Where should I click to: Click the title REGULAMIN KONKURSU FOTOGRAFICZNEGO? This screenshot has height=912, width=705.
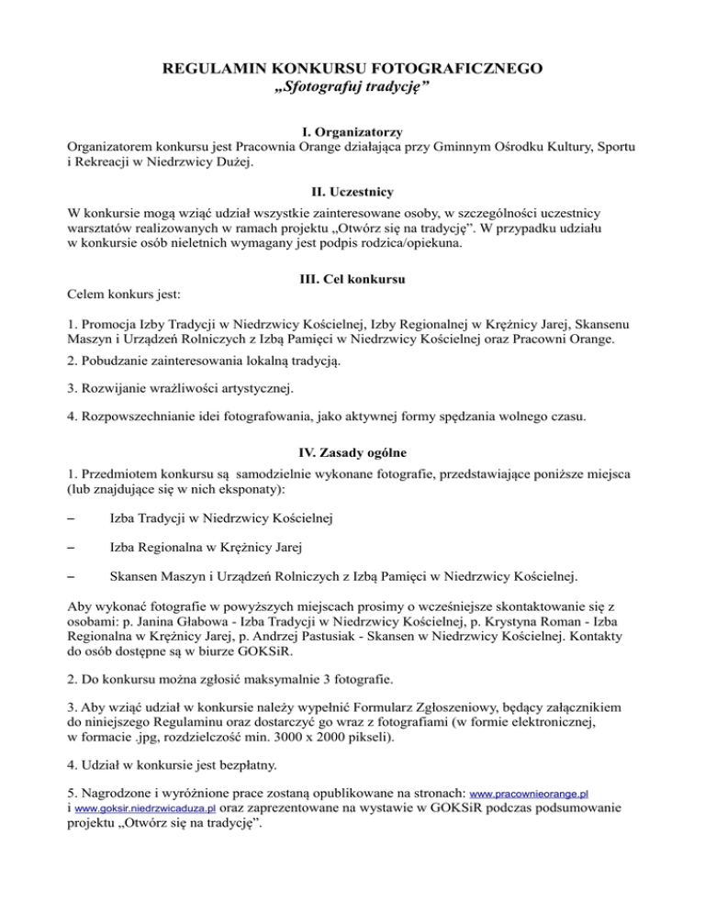click(352, 68)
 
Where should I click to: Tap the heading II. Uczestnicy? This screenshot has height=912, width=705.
click(352, 193)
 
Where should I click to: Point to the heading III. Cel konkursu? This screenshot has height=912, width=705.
click(352, 278)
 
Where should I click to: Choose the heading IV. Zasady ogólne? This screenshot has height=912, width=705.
click(352, 451)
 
